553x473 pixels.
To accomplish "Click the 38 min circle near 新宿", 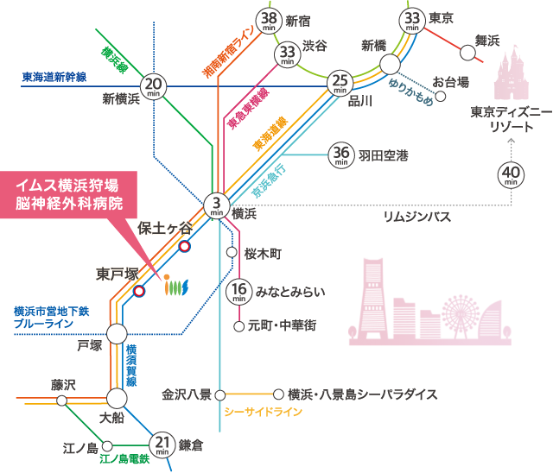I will tap(270, 21).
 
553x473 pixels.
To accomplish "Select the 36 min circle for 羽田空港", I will tap(340, 155).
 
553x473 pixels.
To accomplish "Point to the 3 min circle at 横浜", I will tap(216, 205).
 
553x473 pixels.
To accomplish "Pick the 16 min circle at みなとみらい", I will tap(239, 292).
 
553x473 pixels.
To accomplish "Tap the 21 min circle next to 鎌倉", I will tap(162, 444).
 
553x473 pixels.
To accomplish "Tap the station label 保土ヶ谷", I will tap(165, 228).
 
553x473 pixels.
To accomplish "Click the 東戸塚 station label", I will tap(117, 274).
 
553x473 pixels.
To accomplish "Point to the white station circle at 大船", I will tap(117, 398).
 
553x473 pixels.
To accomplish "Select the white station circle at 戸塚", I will tap(117, 333).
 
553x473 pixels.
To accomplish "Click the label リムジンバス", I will tap(417, 218).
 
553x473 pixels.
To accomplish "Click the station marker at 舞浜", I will tap(468, 54).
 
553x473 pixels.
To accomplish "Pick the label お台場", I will tap(450, 82).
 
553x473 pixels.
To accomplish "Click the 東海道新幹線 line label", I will tap(54, 77).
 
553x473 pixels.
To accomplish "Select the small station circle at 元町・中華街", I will tap(239, 326).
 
